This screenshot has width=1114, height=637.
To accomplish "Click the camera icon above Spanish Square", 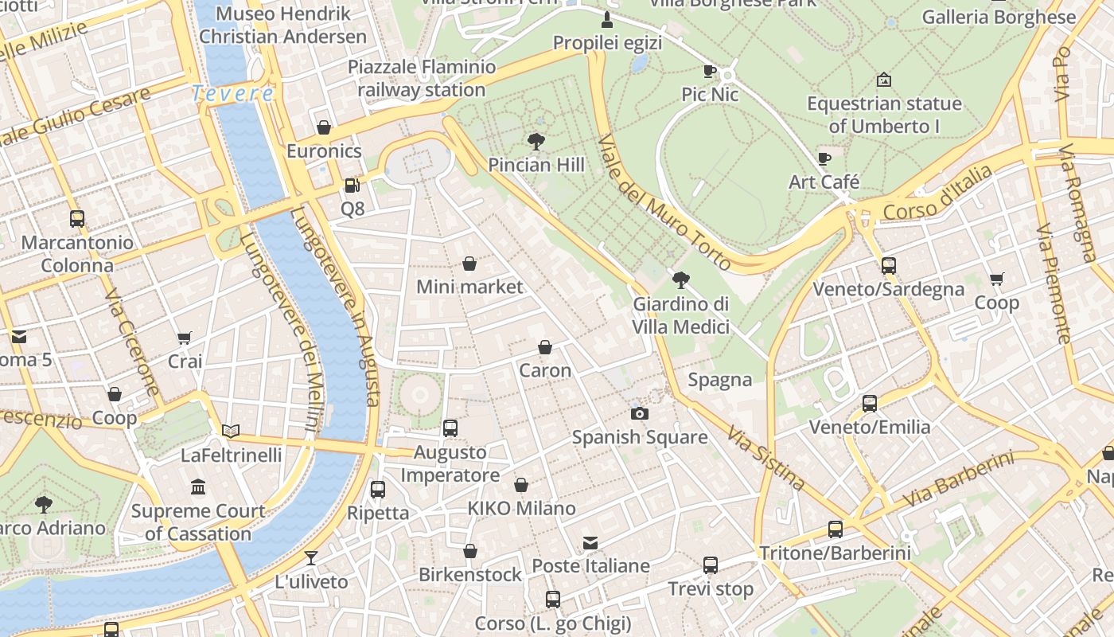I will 639,413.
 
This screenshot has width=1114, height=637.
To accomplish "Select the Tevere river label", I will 233,93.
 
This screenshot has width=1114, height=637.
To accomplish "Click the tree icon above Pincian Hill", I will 536,142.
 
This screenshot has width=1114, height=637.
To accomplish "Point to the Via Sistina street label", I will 765,457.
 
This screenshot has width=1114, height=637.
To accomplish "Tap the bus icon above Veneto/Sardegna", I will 889,266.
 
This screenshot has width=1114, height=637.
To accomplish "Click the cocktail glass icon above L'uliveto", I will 311,557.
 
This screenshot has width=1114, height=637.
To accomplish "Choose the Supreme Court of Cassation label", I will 198,522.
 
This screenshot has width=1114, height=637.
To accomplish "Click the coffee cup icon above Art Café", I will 824,158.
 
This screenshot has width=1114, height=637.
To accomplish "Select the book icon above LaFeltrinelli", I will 231,432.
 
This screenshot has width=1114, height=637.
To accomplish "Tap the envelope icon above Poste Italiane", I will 590,542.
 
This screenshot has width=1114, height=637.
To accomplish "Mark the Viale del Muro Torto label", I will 663,201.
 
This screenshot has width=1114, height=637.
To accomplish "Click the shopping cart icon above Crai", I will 185,338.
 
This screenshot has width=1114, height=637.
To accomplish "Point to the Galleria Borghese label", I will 999,17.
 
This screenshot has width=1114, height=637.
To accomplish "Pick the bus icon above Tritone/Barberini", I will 835,529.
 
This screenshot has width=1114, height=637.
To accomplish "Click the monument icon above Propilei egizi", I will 607,19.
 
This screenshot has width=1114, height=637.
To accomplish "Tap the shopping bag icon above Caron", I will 545,347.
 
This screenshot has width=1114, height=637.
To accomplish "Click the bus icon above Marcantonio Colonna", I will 77,218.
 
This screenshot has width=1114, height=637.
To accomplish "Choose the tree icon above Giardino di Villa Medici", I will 681,279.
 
